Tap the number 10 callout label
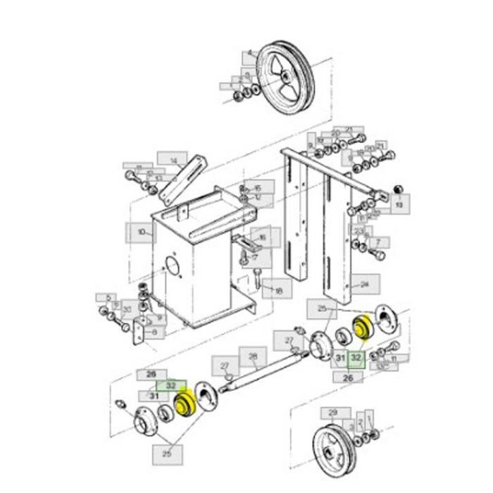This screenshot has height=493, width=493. (139, 232)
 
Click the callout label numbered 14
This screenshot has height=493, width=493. (172, 161)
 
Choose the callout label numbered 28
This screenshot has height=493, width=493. (253, 356)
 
